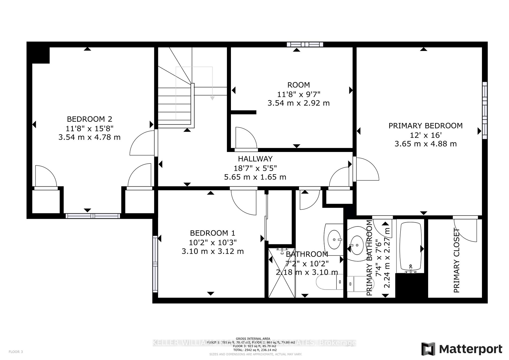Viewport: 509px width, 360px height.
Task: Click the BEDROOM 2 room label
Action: point(89,119)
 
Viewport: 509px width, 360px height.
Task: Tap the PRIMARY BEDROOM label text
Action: point(425,126)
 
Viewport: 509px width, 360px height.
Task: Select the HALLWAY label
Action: point(255,159)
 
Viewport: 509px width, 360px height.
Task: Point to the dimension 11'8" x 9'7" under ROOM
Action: point(298,94)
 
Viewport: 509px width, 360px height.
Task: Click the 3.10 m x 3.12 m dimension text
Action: point(213,251)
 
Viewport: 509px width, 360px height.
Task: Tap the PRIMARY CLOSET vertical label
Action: point(456,260)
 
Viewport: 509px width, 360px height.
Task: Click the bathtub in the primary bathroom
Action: point(410,246)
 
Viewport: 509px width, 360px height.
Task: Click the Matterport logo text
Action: point(471,349)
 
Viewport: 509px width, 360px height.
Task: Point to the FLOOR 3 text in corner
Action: point(16,352)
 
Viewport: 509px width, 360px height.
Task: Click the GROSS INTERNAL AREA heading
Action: point(253,339)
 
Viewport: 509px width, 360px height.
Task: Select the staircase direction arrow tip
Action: point(212,98)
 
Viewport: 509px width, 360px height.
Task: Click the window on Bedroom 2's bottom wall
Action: point(93,216)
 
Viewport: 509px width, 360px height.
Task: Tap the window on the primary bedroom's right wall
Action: point(485,110)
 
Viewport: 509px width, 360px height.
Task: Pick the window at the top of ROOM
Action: point(305,44)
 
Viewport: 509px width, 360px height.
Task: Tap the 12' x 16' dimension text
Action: point(425,135)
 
